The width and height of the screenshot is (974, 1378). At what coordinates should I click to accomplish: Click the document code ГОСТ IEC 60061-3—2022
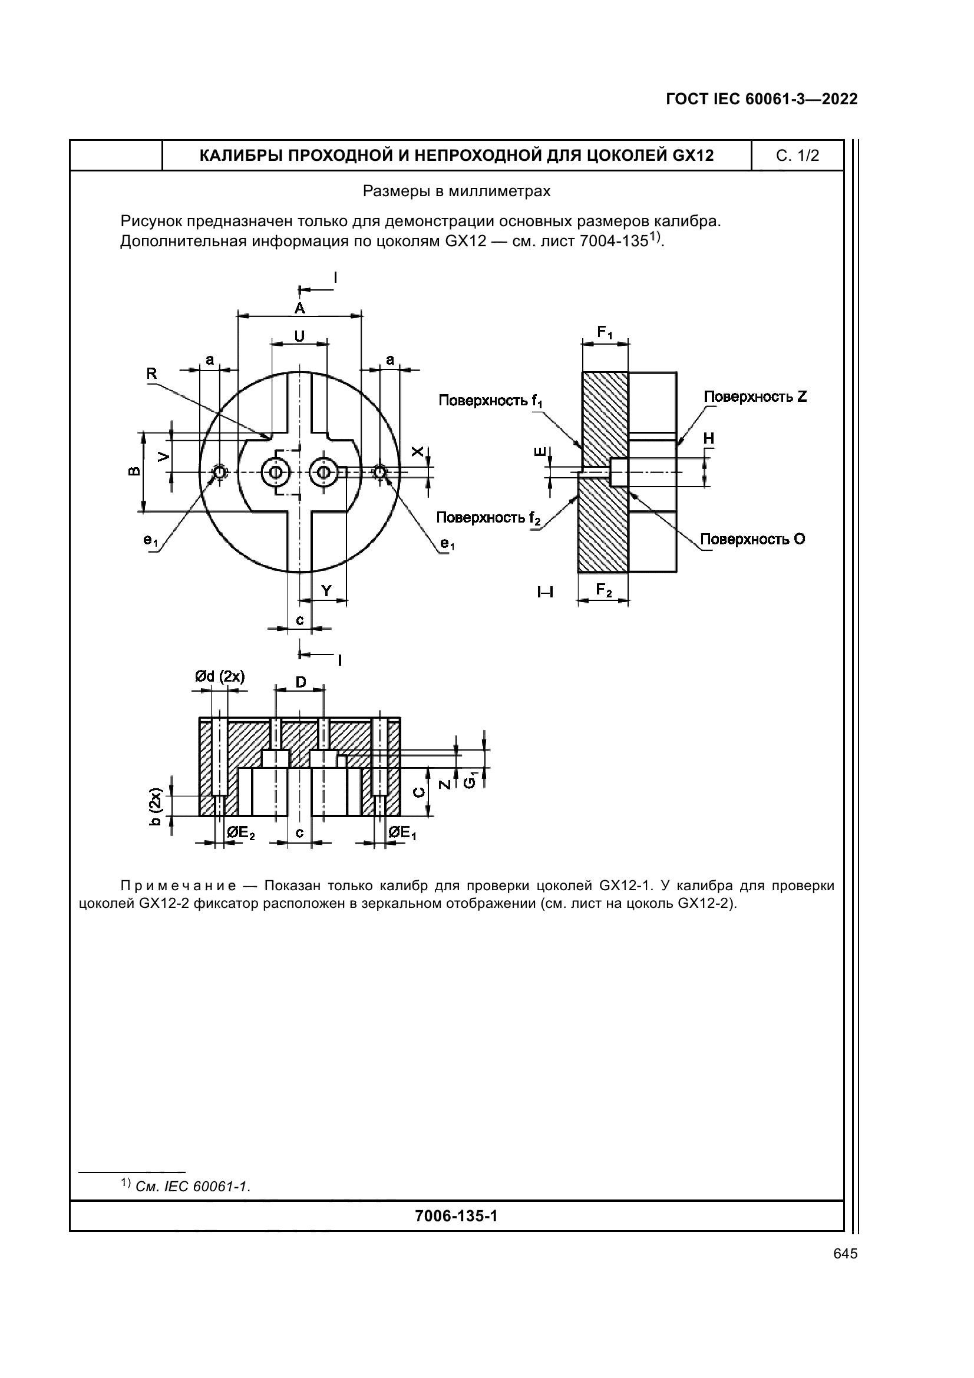click(761, 100)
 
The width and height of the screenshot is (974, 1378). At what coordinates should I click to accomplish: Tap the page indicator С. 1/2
click(797, 156)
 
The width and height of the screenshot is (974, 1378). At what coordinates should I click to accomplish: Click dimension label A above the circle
click(299, 309)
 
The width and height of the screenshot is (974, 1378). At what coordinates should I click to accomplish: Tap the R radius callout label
click(151, 374)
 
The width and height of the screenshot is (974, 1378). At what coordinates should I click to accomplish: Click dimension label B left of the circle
click(134, 471)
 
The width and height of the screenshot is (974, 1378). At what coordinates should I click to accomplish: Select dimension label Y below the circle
click(326, 591)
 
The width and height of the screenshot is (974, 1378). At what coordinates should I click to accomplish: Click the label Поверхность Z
click(755, 396)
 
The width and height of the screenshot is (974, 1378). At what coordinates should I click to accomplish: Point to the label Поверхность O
click(752, 539)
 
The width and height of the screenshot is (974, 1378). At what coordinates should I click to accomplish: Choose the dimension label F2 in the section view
click(604, 590)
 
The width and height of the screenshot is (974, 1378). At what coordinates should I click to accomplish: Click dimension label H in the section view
click(709, 439)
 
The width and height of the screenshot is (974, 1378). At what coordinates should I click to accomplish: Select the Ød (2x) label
click(219, 677)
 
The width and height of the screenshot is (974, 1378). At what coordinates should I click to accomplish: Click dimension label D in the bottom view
click(301, 682)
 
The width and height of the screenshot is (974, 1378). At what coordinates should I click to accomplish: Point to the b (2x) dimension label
click(155, 806)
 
